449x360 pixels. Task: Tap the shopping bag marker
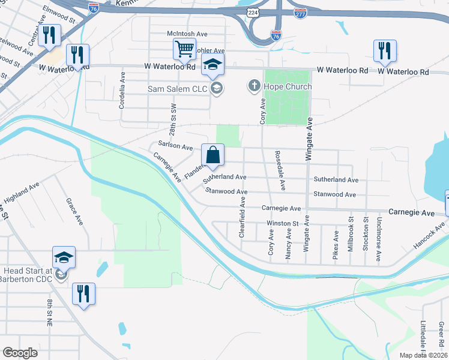(x=212, y=155)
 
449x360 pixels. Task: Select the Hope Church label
(x=288, y=87)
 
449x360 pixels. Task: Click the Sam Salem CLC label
(x=178, y=89)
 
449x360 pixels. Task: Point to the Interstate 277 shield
(x=300, y=12)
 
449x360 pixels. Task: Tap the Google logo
(x=20, y=353)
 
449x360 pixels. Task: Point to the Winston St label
(x=283, y=224)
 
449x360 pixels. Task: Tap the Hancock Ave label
(x=430, y=236)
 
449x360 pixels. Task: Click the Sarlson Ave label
(x=175, y=146)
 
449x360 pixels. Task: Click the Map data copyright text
(x=423, y=355)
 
